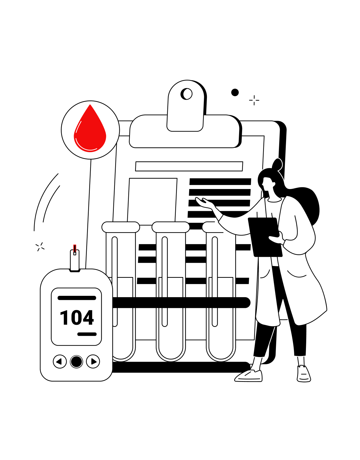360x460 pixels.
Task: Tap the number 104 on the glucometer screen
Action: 77,318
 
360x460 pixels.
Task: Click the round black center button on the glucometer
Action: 76,362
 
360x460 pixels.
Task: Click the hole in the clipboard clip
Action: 187,94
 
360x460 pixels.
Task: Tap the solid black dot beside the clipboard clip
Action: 235,93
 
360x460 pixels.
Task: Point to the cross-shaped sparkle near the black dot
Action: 254,100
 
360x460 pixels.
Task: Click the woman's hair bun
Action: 277,164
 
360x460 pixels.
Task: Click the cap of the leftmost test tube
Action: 121,227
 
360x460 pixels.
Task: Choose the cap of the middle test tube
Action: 171,227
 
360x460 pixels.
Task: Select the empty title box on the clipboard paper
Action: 189,166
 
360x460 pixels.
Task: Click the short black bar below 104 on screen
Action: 87,334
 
